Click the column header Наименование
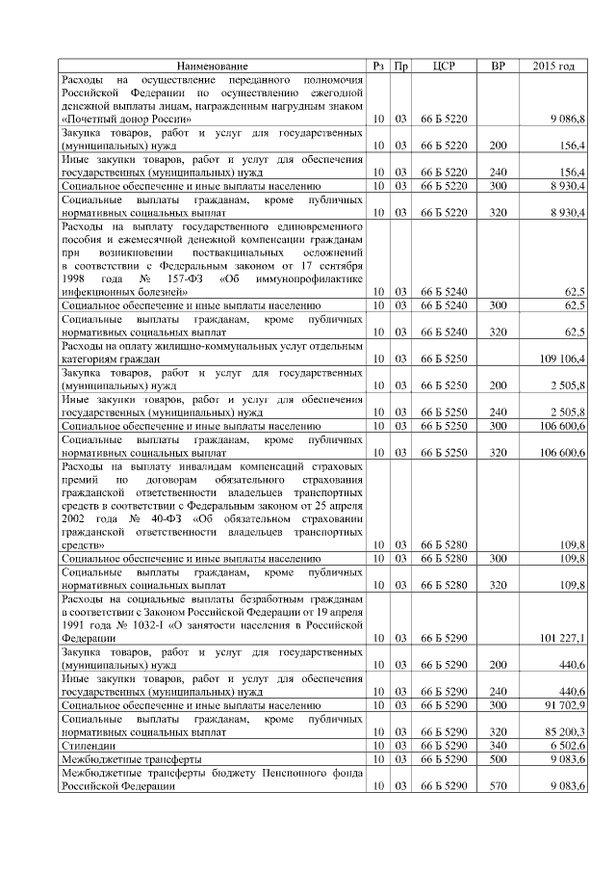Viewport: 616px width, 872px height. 212,66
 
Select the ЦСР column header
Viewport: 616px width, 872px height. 444,66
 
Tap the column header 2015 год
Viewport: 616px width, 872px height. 553,66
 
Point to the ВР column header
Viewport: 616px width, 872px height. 497,66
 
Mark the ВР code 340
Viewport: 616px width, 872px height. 498,746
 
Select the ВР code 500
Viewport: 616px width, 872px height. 498,759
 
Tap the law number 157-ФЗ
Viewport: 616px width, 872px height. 156,277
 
